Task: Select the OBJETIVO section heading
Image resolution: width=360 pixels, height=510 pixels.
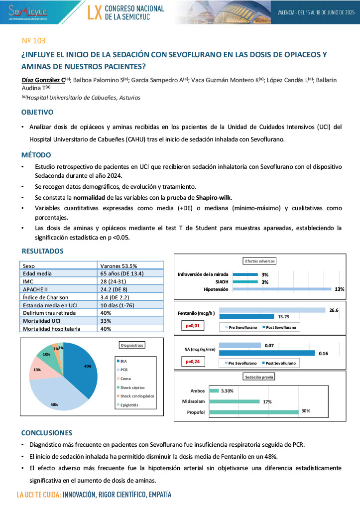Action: (37, 112)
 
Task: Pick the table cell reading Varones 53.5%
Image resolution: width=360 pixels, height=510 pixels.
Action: (119, 266)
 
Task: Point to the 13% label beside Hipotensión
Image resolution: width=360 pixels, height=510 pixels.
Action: (340, 289)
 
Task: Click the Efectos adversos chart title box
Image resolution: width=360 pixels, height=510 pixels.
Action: (260, 261)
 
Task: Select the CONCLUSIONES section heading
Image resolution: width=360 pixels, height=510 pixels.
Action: (47, 433)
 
